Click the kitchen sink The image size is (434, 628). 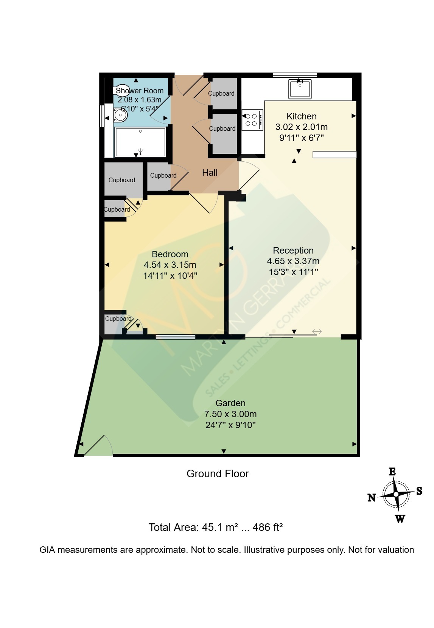pos(300,89)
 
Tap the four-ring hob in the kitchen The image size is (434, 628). pos(252,120)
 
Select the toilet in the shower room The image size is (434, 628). pos(121,91)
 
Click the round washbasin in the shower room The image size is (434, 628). pos(120,115)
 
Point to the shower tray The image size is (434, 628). pos(140,142)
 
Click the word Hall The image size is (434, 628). pos(210,173)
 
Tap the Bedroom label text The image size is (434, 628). pos(170,254)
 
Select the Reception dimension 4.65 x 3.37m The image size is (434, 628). pos(293,261)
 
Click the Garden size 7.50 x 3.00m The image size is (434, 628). pos(230,414)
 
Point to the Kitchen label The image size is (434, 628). pos(301,116)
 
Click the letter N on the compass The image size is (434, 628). pos(372,498)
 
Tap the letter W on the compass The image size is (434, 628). pos(400,519)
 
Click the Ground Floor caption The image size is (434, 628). pos(218,474)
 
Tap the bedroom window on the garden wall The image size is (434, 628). pos(176,337)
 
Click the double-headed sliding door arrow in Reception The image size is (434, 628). pos(317,332)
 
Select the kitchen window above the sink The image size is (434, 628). pos(295,75)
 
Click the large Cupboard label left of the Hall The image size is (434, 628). pos(121,180)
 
